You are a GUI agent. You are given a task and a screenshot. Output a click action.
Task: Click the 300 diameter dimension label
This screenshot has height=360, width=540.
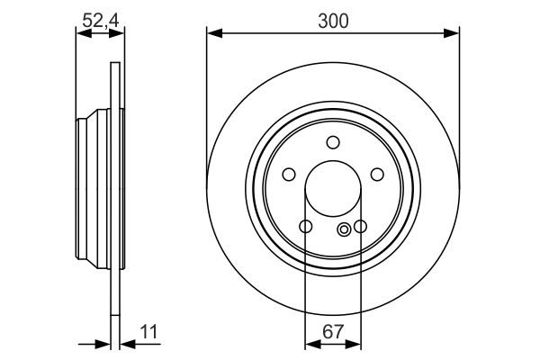coord(333,21)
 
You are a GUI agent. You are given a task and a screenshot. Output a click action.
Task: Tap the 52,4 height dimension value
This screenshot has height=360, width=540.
coord(101,21)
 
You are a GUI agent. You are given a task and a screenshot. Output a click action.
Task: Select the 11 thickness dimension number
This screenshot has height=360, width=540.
coord(148,332)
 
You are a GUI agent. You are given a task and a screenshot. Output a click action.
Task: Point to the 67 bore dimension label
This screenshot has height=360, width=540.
coord(333,332)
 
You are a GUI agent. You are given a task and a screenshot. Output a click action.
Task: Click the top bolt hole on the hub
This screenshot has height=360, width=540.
coord(333,142)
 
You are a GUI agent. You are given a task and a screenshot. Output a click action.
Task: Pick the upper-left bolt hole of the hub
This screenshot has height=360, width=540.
coord(289,175)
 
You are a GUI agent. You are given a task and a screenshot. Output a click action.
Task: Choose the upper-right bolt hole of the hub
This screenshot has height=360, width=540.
coord(377,175)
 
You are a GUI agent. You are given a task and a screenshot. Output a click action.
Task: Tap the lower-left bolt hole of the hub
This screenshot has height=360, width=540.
coord(306,227)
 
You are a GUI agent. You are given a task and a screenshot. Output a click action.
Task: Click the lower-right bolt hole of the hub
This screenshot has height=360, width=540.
coord(361,227)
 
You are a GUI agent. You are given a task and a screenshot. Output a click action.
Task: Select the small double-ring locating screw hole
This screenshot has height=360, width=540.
coord(344,229)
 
